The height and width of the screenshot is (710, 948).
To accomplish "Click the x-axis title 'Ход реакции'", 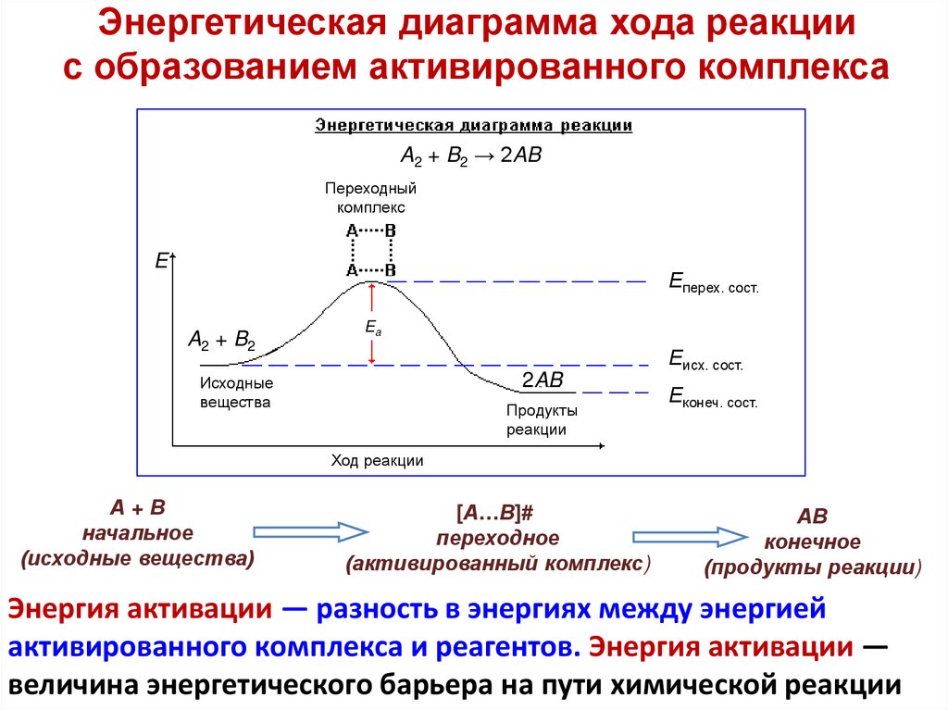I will pos(378,460).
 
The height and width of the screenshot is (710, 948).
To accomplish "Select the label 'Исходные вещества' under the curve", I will pos(237,392).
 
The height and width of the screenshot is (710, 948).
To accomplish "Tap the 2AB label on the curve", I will pos(542,380).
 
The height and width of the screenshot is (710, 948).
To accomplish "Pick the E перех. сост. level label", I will pos(713,282).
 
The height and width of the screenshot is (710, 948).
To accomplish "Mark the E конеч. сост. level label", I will pos(713,398).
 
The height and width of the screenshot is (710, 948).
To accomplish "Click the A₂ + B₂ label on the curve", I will pos(221,340).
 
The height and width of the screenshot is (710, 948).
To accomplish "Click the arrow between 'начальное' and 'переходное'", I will pos(310,531).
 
